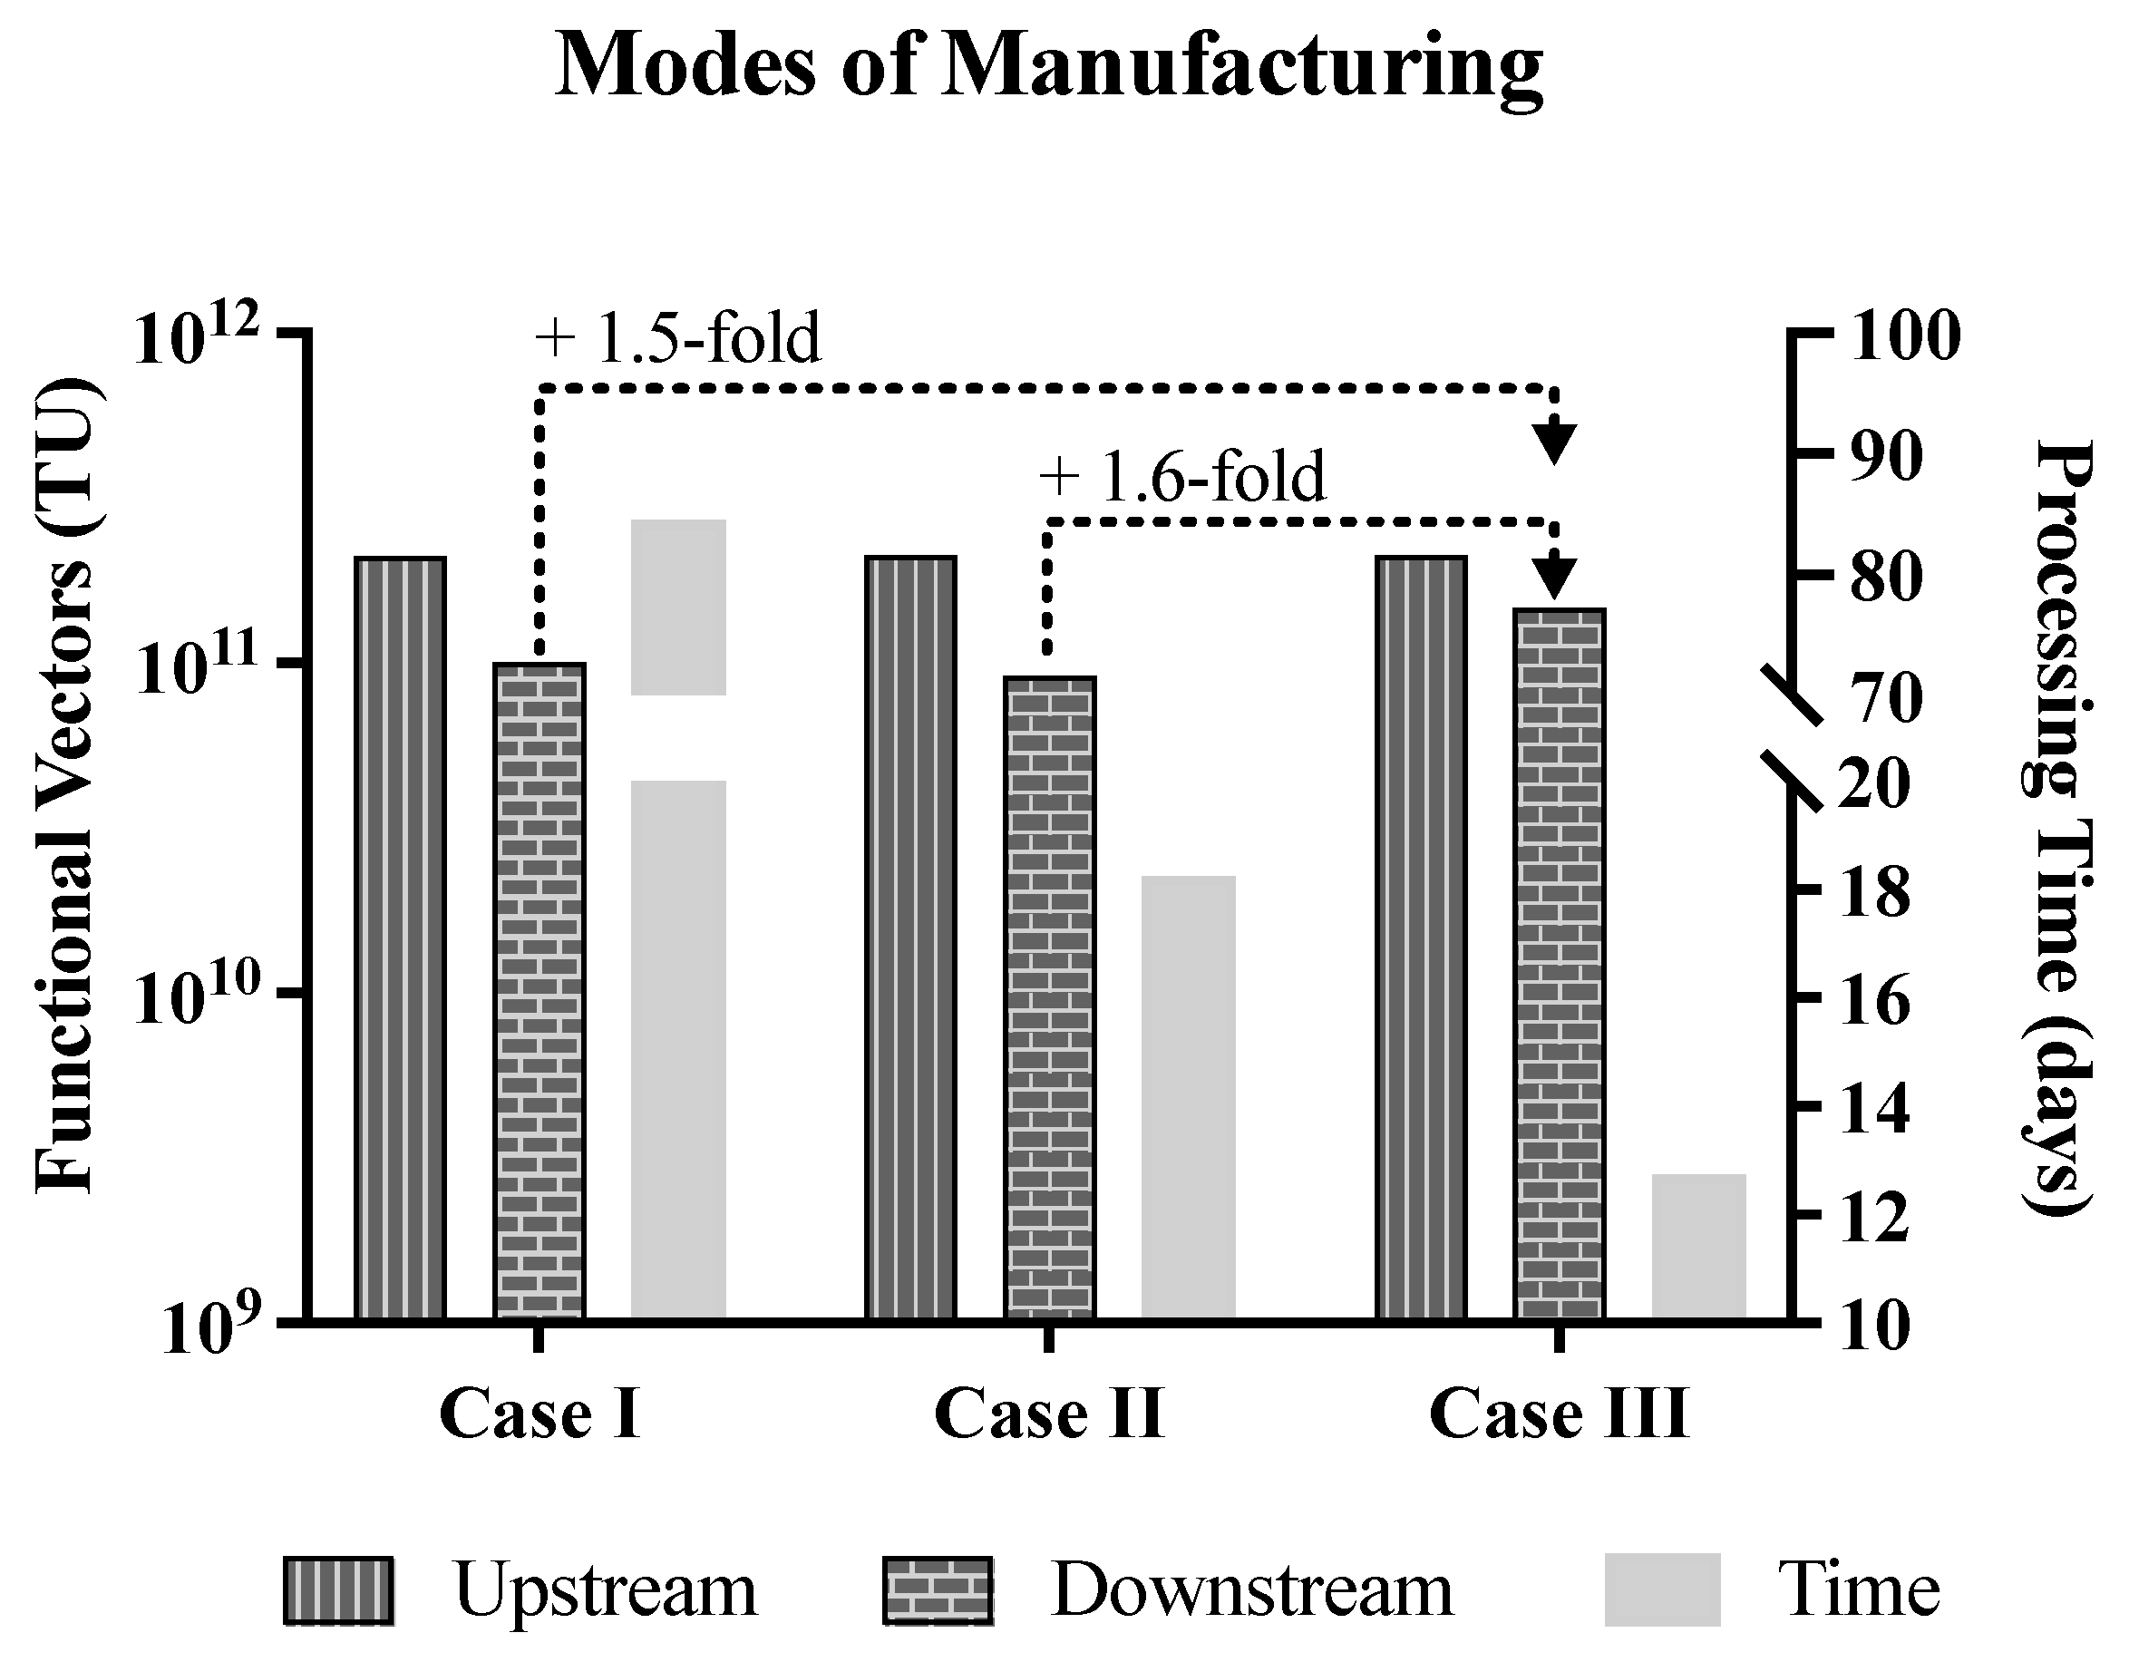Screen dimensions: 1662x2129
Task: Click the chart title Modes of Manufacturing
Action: (x=1048, y=66)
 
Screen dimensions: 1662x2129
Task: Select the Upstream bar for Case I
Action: (x=400, y=936)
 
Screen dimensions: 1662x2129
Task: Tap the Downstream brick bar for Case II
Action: (x=1050, y=995)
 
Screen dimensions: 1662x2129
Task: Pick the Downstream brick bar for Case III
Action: (x=1559, y=960)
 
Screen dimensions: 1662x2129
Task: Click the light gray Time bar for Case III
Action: (x=1698, y=1245)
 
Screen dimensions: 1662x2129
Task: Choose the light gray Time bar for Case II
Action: (x=1189, y=1096)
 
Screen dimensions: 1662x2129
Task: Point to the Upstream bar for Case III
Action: (x=1420, y=936)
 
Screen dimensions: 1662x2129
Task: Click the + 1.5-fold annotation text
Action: (x=677, y=339)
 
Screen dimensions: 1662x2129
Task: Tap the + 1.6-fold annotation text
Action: (x=1181, y=478)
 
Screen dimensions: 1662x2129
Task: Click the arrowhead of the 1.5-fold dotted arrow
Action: (x=1556, y=443)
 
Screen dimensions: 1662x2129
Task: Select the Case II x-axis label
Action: (x=1049, y=1414)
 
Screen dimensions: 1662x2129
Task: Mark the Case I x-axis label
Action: (x=540, y=1414)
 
